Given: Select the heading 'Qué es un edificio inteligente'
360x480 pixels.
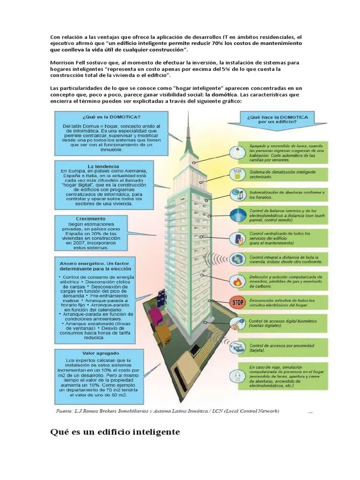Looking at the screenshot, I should [x=115, y=432].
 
